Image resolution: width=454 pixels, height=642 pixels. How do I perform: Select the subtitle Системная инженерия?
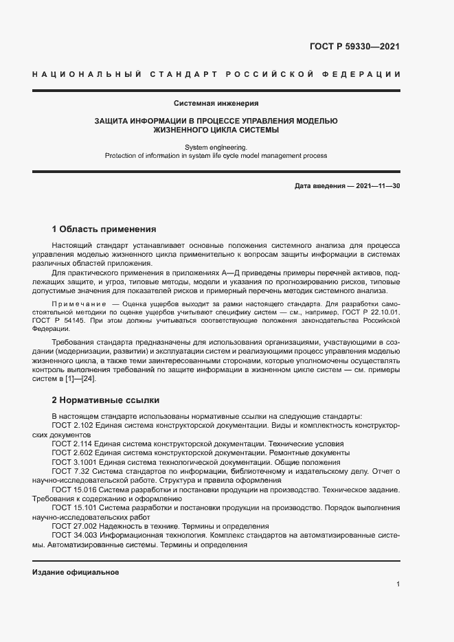click(216, 104)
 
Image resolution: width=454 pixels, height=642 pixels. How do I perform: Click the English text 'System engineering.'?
click(216, 147)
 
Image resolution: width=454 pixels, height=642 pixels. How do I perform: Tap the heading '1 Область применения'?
click(104, 229)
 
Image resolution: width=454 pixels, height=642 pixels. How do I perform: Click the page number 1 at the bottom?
click(398, 584)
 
